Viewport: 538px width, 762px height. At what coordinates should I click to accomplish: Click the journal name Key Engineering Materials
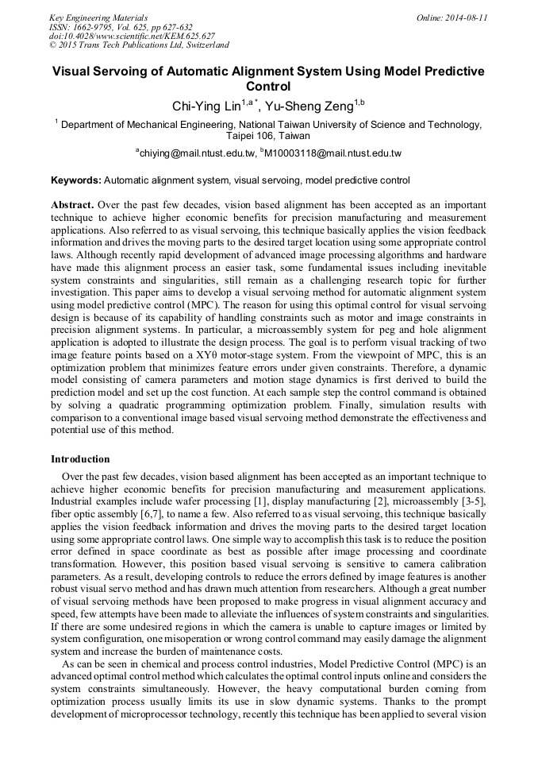pyautogui.click(x=98, y=17)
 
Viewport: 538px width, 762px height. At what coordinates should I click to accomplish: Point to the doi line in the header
pyautogui.click(x=132, y=36)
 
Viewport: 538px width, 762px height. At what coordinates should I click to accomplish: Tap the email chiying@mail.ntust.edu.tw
pyautogui.click(x=196, y=153)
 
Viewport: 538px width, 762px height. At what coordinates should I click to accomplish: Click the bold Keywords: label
pyautogui.click(x=75, y=180)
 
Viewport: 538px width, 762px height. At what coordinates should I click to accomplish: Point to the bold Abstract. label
pyautogui.click(x=72, y=204)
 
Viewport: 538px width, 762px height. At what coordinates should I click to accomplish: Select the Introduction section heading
pyautogui.click(x=80, y=458)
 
